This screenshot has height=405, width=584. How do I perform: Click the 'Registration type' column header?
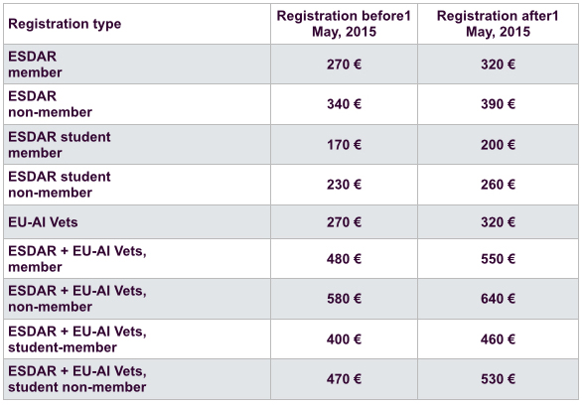[x=65, y=24]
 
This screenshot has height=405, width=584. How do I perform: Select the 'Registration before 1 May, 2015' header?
[x=344, y=24]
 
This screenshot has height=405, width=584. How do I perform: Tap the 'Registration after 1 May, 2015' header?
[x=498, y=24]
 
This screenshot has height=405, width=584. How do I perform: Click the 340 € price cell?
[x=344, y=104]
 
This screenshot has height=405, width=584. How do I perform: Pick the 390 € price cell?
[x=498, y=104]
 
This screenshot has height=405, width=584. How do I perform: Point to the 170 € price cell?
[x=344, y=145]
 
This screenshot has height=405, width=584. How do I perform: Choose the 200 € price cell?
[x=498, y=145]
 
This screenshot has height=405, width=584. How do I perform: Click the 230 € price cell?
[x=344, y=185]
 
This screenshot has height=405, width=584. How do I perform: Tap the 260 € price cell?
[x=498, y=185]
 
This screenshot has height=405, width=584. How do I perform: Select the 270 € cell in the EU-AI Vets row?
[x=344, y=222]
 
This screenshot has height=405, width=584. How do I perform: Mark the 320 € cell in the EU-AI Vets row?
[x=498, y=222]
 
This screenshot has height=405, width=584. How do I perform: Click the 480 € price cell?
[x=344, y=259]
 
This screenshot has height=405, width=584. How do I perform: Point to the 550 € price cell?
[x=498, y=259]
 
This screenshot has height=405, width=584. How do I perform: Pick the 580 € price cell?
[x=344, y=299]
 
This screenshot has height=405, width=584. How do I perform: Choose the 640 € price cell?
[x=498, y=299]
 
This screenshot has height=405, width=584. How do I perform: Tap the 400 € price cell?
[x=344, y=339]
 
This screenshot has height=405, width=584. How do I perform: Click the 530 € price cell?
[x=498, y=379]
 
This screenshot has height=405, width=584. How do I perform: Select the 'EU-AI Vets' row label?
[x=43, y=222]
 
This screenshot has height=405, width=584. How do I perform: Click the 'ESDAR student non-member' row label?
[x=60, y=185]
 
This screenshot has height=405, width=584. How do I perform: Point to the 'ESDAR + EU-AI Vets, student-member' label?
[x=77, y=339]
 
